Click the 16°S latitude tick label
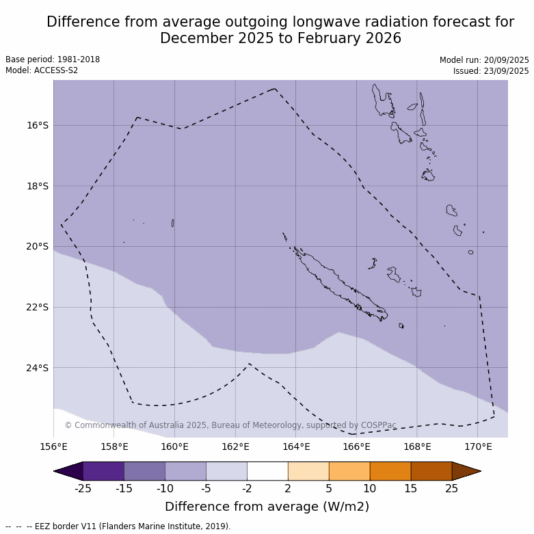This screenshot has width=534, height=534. pos(38,125)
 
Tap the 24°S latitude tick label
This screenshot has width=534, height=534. pos(38,368)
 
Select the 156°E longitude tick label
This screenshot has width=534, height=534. pos(53,447)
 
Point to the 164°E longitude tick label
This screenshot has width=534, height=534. pos(296,447)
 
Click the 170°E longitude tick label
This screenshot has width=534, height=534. pos(478,447)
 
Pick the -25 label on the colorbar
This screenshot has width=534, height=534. pos(83,488)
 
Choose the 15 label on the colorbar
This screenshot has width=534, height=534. pos(411,488)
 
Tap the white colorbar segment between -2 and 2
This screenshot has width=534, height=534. pos(267,471)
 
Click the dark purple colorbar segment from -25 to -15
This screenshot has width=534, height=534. pos(103,471)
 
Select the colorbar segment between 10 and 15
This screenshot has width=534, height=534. pos(390,471)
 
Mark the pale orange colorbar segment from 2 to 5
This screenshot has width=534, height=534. pos(308,471)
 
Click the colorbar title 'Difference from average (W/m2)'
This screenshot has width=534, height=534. pos(267,507)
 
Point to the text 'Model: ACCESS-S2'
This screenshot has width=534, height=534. pos(42,70)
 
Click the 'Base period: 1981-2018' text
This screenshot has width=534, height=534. pos(53,59)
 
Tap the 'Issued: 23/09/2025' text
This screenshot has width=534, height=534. pos(491,71)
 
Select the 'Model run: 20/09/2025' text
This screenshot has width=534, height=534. pos(484,60)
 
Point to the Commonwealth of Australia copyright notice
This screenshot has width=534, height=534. pos(230,425)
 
